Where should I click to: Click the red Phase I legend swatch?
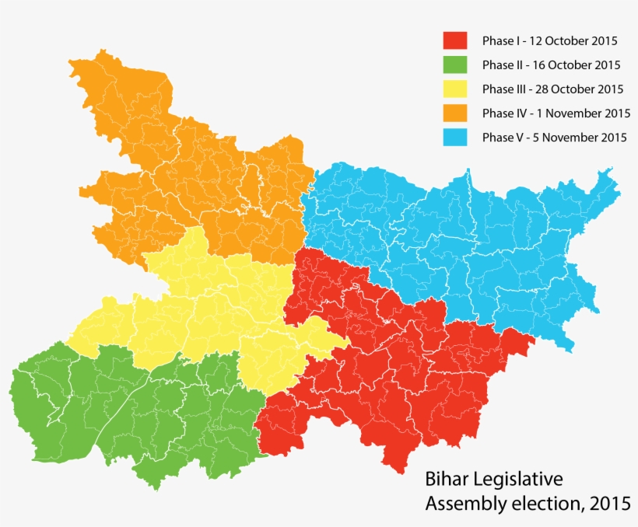coord(454,40)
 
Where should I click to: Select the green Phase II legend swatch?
coord(454,65)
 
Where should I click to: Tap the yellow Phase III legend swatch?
coord(454,89)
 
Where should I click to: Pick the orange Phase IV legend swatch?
coord(454,113)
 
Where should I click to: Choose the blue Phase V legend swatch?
coord(454,138)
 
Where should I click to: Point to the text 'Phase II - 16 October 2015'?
coord(551,65)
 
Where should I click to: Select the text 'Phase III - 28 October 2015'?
coord(553,89)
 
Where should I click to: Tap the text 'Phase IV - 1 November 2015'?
coord(556,113)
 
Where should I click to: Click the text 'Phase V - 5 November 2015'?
coord(554,138)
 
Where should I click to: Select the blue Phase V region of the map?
coord(451,241)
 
